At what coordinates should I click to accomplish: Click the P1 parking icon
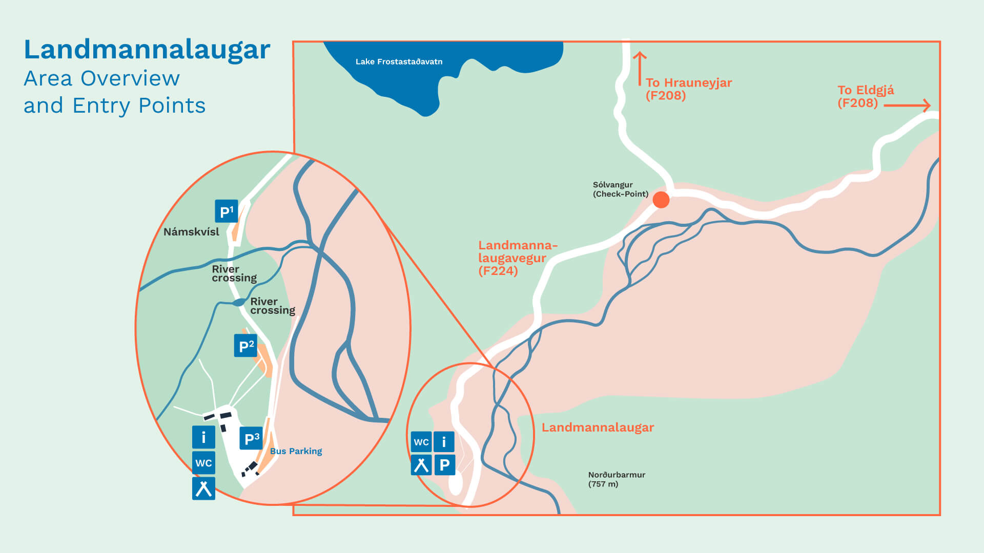226,211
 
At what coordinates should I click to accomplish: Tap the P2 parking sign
245,346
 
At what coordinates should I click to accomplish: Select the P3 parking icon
251,438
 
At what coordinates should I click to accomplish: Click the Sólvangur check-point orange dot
661,200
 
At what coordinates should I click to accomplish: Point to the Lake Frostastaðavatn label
399,61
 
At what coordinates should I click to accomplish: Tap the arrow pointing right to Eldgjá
907,105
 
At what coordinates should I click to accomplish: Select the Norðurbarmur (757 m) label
616,479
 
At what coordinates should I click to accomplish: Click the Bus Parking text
296,451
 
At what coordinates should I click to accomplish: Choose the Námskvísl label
191,232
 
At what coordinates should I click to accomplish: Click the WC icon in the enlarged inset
203,463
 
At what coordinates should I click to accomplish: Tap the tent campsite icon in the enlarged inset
203,488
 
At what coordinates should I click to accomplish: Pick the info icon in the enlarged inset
203,437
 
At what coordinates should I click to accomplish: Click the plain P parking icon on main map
444,465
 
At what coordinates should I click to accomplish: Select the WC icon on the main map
421,442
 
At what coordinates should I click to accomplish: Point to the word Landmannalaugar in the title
147,50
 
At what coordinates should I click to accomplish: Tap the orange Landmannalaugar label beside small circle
598,428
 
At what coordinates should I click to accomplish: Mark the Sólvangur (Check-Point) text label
620,189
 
